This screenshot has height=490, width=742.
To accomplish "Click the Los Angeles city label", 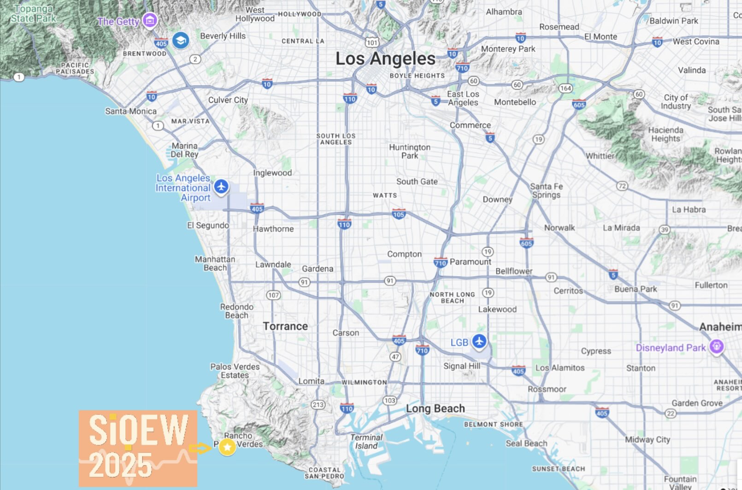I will (x=385, y=59).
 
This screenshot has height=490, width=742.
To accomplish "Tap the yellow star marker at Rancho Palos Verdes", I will (x=227, y=447).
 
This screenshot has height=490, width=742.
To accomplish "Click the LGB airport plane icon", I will (x=479, y=341).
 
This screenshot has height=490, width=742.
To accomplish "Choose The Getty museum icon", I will (x=149, y=20).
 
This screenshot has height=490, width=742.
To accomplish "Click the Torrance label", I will (x=285, y=326).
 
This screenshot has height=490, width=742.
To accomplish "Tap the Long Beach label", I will (x=435, y=408).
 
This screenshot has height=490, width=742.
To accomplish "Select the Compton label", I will (x=404, y=254).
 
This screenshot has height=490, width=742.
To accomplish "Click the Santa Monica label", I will (x=131, y=111).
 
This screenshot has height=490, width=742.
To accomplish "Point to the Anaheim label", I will (x=720, y=327).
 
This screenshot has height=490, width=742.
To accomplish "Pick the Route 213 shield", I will (x=318, y=405).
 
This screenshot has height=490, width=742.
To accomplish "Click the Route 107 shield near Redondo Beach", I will (x=273, y=295).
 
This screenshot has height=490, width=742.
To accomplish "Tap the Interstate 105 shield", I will (x=399, y=214).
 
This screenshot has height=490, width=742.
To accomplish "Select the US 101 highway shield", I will (x=372, y=42).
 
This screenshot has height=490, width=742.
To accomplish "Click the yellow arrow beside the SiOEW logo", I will (x=200, y=448).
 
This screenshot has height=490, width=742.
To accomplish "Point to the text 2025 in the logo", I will (x=120, y=465).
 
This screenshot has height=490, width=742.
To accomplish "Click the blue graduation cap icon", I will (x=181, y=41).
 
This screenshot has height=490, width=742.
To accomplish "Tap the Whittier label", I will (x=600, y=156).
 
